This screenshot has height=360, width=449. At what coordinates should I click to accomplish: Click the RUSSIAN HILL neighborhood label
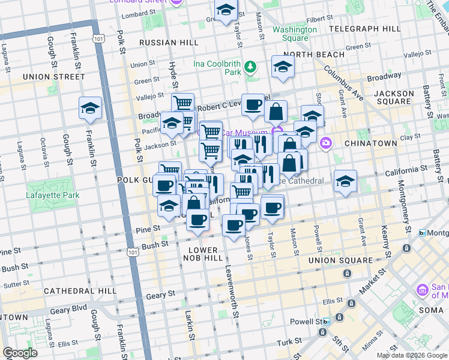click(x=166, y=43)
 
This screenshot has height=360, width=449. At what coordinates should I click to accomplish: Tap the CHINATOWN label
click(x=370, y=143)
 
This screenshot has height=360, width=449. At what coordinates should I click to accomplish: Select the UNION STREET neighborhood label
click(x=53, y=77)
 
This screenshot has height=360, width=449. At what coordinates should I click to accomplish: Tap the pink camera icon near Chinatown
click(x=326, y=143)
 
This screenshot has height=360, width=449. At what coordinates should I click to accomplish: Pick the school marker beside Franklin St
click(x=90, y=109)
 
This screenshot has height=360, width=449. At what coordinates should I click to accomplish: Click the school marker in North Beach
click(x=283, y=67)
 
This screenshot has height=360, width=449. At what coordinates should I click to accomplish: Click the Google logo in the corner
click(x=20, y=353)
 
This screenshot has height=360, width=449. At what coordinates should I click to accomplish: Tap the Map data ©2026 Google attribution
click(x=412, y=355)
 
